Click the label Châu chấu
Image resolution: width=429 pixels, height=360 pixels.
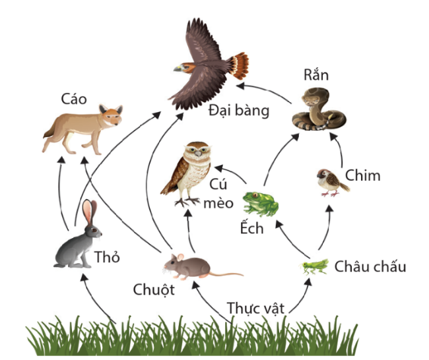click(370, 266)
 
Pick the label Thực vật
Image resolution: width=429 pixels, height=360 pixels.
click(256, 307)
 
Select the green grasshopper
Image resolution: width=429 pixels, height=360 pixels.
click(315, 266)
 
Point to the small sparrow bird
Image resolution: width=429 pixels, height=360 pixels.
click(331, 181)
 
